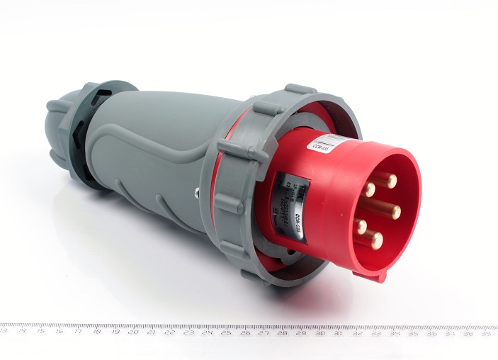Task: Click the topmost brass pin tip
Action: click(391, 180)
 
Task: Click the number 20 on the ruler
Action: click(133, 331)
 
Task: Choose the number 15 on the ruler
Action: click(40, 330)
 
